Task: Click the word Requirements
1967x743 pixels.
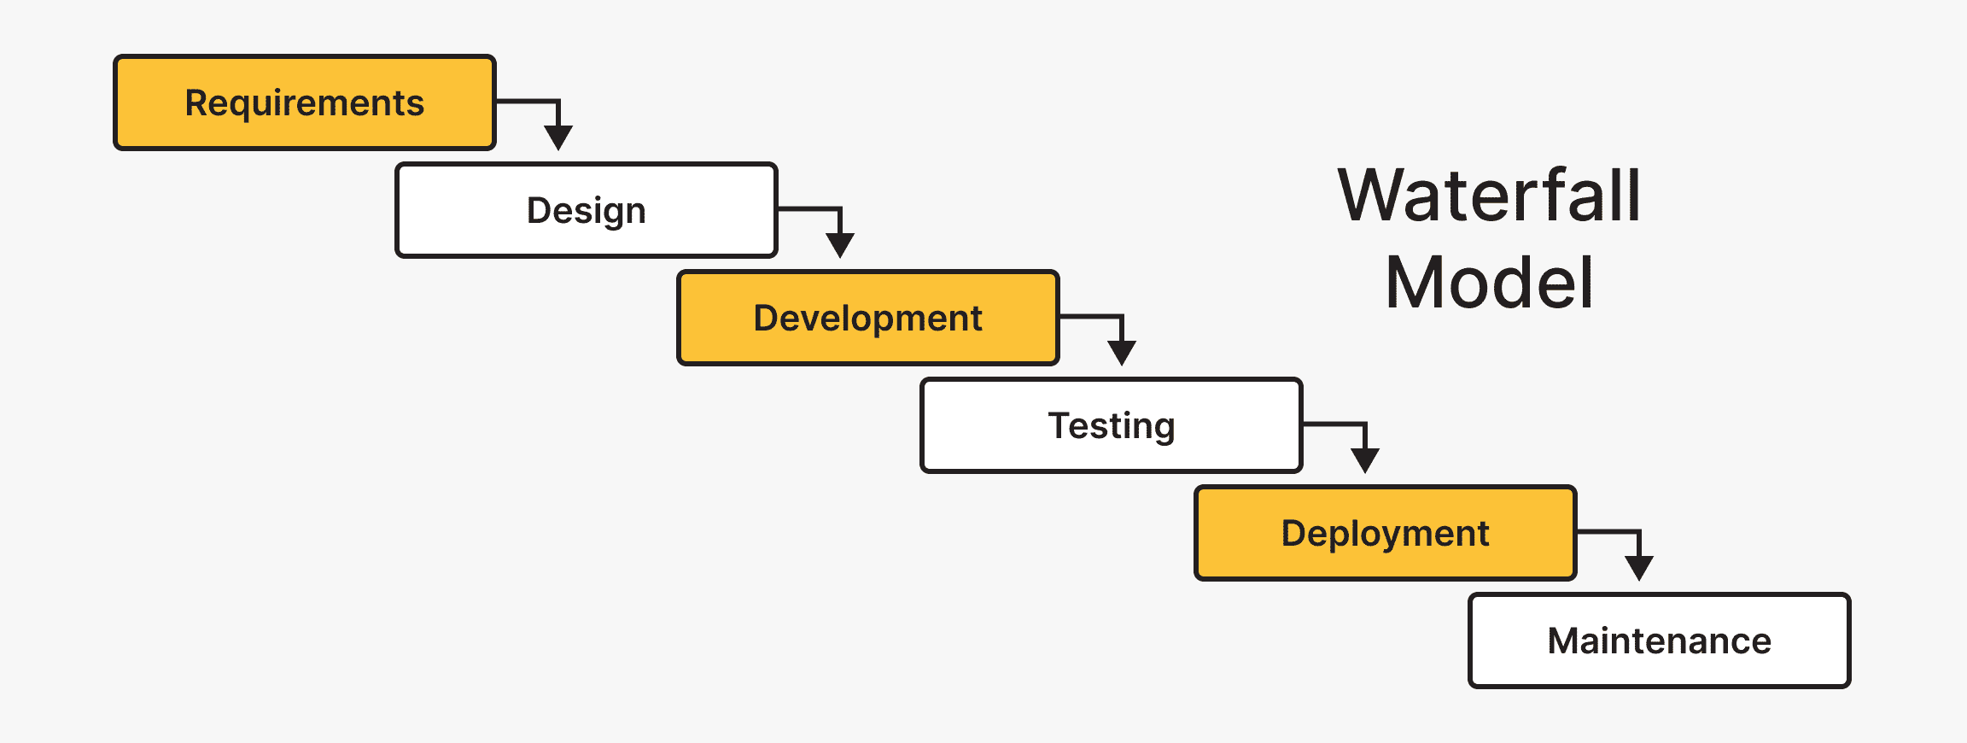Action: coord(304,103)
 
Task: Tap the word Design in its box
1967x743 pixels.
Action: coord(586,211)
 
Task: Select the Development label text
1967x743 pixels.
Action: coord(867,319)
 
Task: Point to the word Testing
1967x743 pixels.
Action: coord(1111,426)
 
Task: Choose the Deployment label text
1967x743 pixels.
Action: coord(1385,534)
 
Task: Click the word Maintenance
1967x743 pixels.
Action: coord(1659,641)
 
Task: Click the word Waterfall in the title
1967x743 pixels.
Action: coord(1489,196)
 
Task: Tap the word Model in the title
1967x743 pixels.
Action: coord(1489,284)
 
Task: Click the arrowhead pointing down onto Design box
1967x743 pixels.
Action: coord(558,137)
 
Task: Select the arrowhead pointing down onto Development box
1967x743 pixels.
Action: coord(840,244)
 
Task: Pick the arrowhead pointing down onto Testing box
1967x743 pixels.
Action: coord(1122,352)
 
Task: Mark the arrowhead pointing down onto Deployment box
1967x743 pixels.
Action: coord(1365,459)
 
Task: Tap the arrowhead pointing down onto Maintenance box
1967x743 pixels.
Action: coord(1639,567)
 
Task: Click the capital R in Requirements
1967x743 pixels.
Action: coord(197,102)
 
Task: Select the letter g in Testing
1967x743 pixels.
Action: coord(1164,430)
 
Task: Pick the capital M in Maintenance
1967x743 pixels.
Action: coord(1567,641)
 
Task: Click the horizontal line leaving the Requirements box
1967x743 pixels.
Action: coord(525,101)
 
